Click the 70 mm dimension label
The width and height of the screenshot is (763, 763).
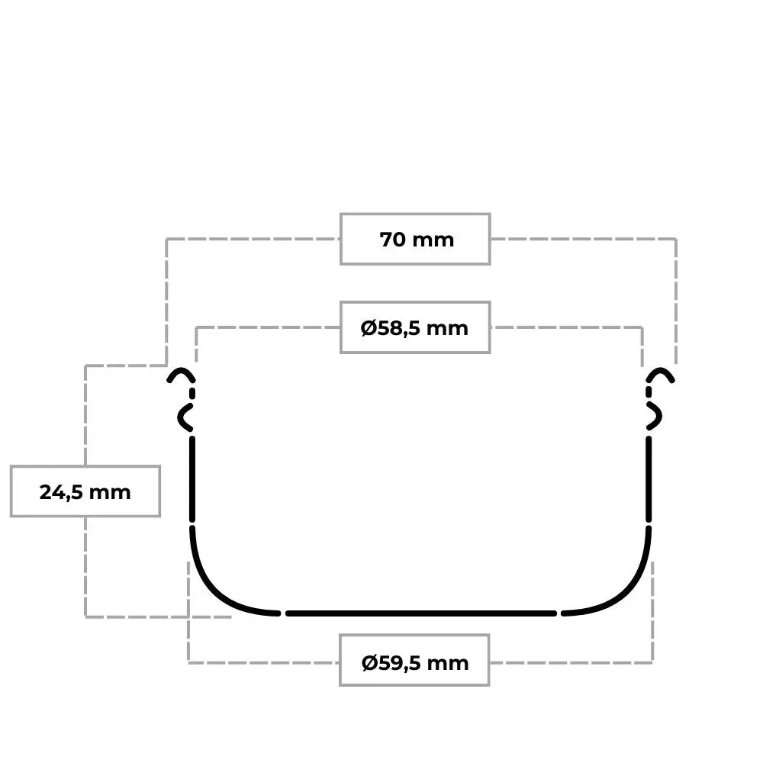[417, 240]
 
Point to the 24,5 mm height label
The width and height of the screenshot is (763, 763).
[85, 492]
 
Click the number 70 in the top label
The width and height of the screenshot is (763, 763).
[392, 240]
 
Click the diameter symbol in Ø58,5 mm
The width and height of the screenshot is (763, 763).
[369, 328]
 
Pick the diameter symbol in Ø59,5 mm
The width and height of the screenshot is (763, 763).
[370, 663]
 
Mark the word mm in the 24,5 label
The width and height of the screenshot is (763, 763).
[110, 493]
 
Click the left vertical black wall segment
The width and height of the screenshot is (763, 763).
[192, 479]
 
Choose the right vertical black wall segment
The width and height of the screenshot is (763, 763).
[649, 479]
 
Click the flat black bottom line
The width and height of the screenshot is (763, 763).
[421, 613]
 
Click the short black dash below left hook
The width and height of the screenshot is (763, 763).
[192, 393]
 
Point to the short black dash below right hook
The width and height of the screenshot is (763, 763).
[649, 392]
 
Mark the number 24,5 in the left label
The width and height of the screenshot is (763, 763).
[62, 492]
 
